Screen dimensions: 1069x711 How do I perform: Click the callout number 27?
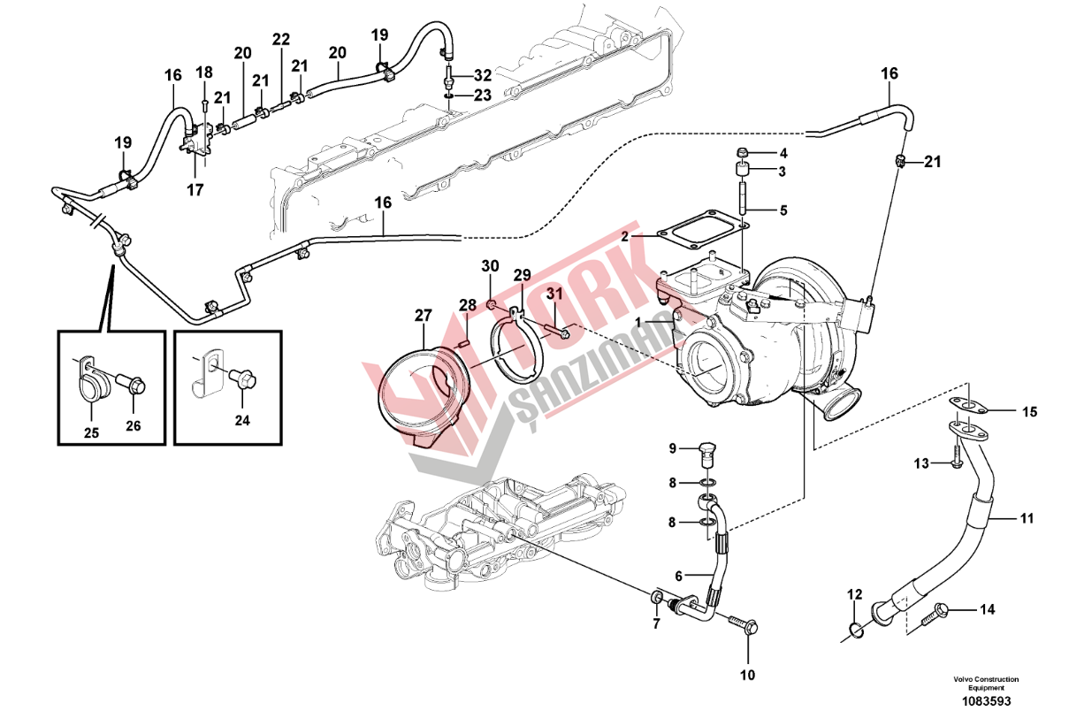(423, 316)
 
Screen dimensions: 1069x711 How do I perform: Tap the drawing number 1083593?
(986, 701)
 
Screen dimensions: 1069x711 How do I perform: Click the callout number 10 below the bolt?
(748, 676)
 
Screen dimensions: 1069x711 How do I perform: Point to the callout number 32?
(483, 75)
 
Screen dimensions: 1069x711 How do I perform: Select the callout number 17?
(195, 190)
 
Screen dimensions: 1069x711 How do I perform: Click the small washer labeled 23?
(449, 96)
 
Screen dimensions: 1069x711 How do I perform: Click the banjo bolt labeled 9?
(706, 455)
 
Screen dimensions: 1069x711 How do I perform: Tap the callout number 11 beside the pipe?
(1027, 518)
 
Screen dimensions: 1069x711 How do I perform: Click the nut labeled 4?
(741, 153)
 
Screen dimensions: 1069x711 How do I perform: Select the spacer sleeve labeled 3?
(741, 171)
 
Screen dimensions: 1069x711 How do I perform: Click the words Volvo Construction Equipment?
(986, 683)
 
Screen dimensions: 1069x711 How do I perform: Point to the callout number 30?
(490, 266)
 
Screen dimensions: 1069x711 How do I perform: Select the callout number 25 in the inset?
(91, 432)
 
